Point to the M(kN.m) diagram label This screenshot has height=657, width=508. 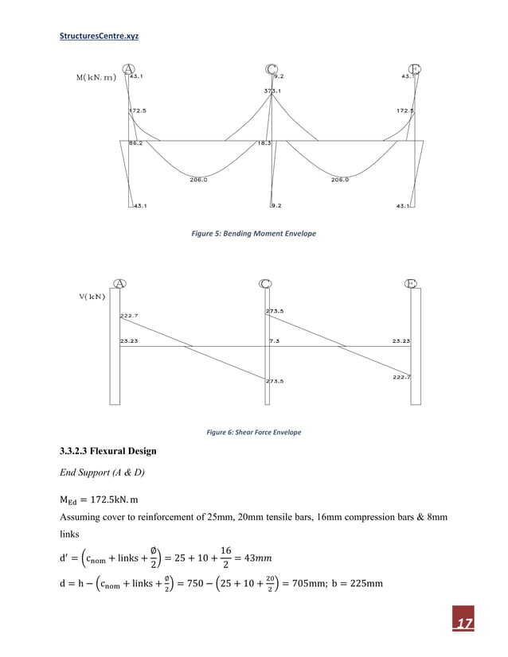point(96,77)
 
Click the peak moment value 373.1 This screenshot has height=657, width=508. point(272,91)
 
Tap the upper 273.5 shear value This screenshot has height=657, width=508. point(275,311)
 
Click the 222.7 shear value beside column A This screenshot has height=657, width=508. point(130,317)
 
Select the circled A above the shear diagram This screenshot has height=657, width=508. point(120,284)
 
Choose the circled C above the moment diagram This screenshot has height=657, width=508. point(271,70)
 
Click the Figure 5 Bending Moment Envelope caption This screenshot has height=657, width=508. point(254,234)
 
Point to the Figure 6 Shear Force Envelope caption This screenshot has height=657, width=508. point(253,432)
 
